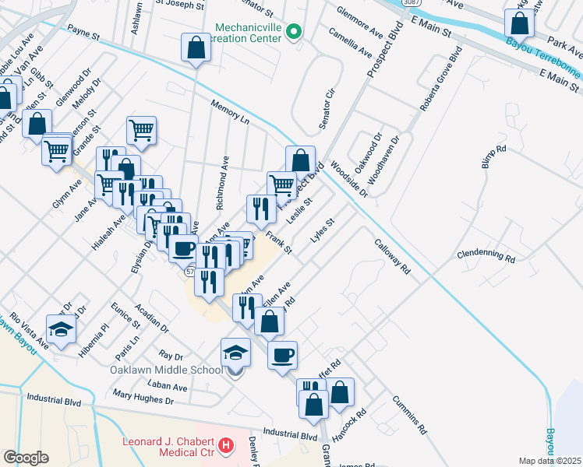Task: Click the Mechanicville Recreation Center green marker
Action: point(294,33)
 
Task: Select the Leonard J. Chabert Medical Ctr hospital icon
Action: point(226,446)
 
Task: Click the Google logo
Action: point(26,457)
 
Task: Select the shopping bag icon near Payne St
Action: point(196,48)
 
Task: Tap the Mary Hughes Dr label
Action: point(143,399)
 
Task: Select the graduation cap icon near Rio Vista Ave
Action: point(62,330)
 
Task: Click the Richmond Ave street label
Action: point(222,187)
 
